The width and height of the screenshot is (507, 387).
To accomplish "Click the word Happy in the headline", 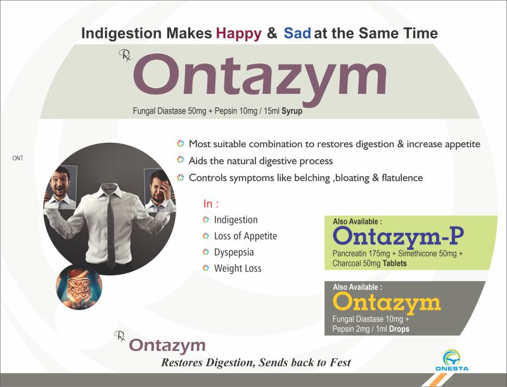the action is tap(239, 34).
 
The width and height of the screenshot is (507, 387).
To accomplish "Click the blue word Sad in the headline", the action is tap(297, 33).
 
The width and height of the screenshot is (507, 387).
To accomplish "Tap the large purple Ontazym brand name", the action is tap(260, 79).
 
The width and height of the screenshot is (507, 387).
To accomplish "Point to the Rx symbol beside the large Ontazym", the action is tap(125, 55).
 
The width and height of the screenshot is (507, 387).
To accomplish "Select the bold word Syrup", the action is tap(292, 111).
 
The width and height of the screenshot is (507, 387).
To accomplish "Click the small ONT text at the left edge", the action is tap(18, 158).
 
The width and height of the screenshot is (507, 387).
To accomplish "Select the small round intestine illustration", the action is tap(79, 287).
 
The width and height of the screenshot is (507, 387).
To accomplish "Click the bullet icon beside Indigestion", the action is tap(206, 220).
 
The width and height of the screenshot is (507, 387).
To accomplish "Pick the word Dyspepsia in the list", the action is tap(234, 253).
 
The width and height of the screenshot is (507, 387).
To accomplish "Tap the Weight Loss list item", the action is tap(238, 268).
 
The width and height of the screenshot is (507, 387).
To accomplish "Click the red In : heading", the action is tap(211, 204).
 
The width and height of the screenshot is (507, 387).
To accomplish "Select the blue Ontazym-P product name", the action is tap(399, 236).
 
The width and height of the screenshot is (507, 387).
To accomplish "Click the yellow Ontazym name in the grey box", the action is tap(387, 302).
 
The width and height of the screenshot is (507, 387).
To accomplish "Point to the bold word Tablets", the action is tap(394, 263).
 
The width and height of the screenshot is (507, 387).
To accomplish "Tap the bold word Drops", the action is tap(399, 329).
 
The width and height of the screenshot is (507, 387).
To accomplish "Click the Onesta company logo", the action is tap(452, 360).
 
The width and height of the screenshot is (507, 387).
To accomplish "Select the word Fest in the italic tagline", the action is tap(340, 362).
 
